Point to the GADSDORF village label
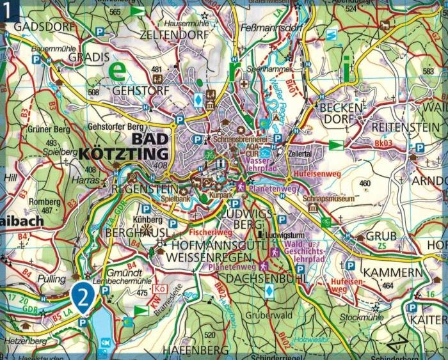[41, 27]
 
